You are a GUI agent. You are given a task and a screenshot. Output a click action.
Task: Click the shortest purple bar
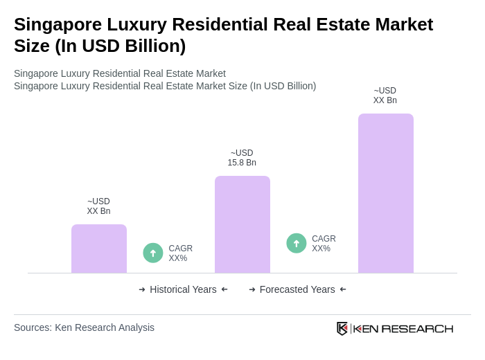coord(99,249)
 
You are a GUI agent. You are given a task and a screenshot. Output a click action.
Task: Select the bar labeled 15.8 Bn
coord(242,224)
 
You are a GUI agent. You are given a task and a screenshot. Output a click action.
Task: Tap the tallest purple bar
coord(385,193)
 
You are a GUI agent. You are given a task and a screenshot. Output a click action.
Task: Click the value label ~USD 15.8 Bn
coord(242,158)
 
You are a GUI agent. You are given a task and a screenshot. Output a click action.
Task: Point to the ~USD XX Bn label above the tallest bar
coord(385,96)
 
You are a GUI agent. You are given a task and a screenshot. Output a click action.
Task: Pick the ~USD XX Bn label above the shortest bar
coord(98,206)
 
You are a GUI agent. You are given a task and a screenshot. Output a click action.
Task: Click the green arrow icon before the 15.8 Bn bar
coord(153,253)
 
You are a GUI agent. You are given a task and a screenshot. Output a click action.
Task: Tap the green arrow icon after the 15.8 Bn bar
coord(297,243)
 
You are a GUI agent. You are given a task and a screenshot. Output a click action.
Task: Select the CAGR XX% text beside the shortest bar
coord(180,253)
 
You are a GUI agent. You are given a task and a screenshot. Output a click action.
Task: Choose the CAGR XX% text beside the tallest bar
coord(324,244)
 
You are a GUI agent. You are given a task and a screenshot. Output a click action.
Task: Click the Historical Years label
coord(183,289)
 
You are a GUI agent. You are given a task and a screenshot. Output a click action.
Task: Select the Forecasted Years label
coord(297,289)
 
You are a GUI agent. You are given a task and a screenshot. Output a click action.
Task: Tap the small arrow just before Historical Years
coord(142,289)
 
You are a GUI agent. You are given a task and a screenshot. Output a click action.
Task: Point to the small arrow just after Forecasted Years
coord(343,289)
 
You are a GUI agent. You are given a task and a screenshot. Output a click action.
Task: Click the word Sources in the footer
coord(32,327)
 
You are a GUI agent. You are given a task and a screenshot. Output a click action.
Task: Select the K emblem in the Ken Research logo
coord(342,328)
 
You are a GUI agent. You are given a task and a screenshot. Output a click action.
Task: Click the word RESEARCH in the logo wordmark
coord(417,328)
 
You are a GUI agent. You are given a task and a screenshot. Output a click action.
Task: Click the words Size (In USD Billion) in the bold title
coord(100,46)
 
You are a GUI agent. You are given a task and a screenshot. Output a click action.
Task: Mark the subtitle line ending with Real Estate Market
coord(120,73)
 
